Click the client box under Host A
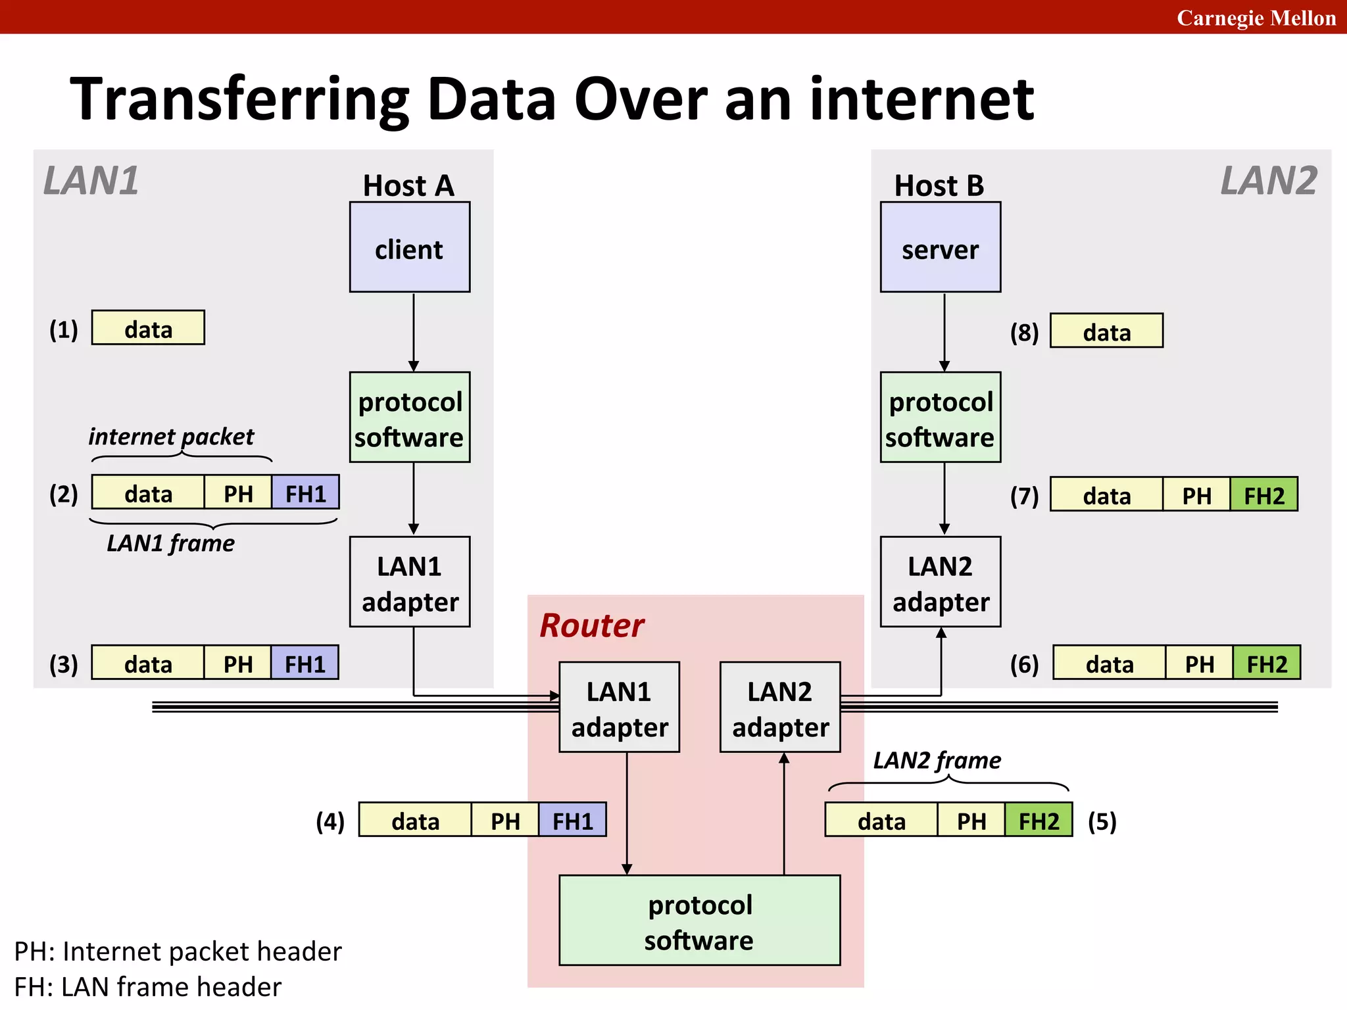[x=409, y=247]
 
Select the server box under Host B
[x=940, y=247]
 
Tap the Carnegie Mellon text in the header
[x=1256, y=18]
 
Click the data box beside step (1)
[x=148, y=328]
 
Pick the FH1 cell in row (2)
[x=305, y=493]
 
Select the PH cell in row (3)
[x=237, y=663]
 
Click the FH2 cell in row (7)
[x=1263, y=494]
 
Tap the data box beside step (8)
[x=1106, y=331]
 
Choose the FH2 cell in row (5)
[x=1039, y=820]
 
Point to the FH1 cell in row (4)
[x=572, y=820]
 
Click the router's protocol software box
[x=699, y=921]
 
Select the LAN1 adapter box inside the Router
[x=619, y=708]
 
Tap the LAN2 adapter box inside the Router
[x=780, y=708]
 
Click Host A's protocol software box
[x=409, y=418]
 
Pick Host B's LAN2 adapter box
[x=940, y=582]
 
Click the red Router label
[x=591, y=625]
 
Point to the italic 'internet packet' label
[x=171, y=436]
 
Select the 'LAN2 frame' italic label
[x=937, y=760]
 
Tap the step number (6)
[x=1024, y=664]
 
